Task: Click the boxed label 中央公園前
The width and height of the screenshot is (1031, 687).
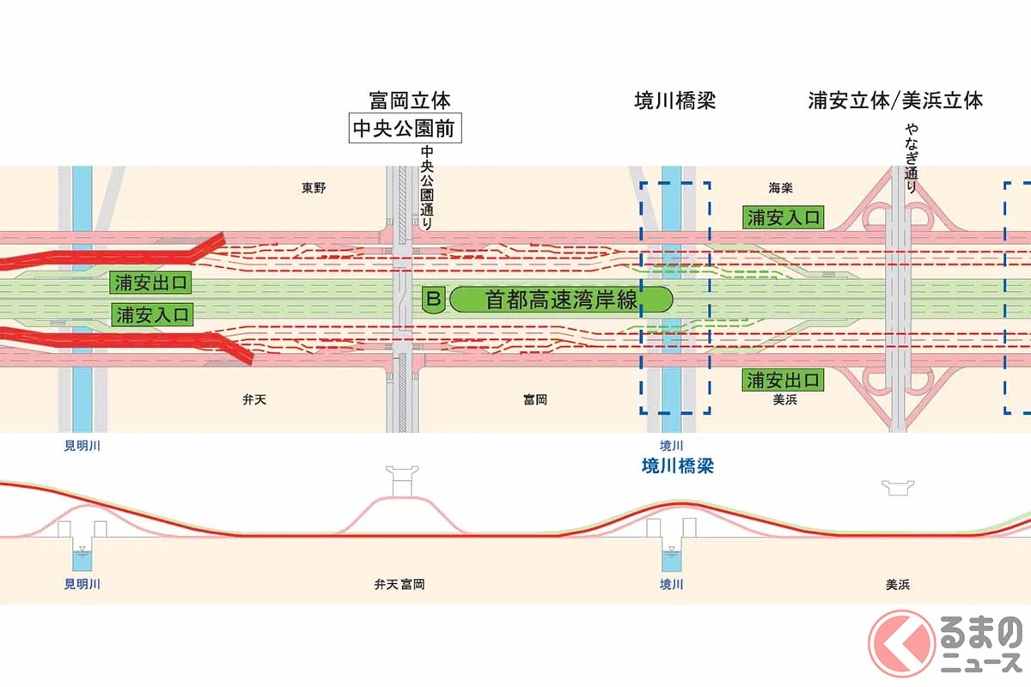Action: click(404, 130)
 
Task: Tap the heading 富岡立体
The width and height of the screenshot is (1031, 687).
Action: click(404, 100)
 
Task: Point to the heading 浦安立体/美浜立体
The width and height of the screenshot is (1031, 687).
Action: click(895, 100)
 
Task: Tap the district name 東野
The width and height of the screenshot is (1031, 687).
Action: click(314, 187)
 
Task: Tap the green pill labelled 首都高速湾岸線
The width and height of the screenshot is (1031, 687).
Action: click(561, 300)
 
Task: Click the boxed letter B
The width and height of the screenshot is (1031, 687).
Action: click(434, 300)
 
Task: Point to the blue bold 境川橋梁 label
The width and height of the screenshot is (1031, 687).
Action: click(678, 466)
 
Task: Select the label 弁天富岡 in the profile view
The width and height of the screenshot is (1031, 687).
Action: click(399, 585)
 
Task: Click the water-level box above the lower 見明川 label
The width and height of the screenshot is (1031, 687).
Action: click(82, 557)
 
